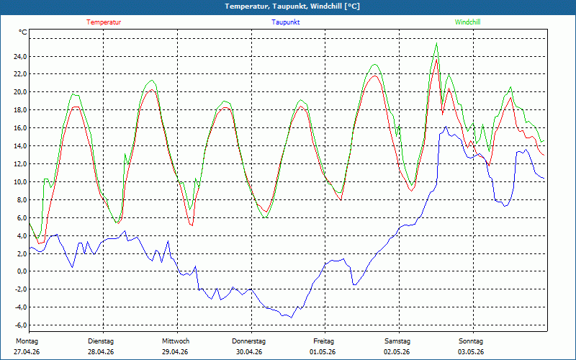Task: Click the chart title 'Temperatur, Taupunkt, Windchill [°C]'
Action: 292,6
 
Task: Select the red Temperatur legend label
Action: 104,22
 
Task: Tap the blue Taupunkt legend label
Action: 285,22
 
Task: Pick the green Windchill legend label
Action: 467,22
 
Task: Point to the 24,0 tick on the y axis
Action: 19,57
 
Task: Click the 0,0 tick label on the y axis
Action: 21,271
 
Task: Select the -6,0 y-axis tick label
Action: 19,325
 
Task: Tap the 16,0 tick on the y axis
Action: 19,128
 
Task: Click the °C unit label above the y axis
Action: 23,32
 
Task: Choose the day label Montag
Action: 27,341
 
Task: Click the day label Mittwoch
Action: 176,341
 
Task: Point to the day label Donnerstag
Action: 248,341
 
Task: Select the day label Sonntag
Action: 471,341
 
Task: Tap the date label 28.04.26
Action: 101,352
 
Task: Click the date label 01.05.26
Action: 323,352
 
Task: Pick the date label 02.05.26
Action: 397,352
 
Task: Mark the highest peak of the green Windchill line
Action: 437,43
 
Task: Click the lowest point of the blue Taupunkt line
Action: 292,318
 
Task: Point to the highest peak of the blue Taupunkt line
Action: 446,127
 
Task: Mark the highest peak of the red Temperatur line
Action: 436,60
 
